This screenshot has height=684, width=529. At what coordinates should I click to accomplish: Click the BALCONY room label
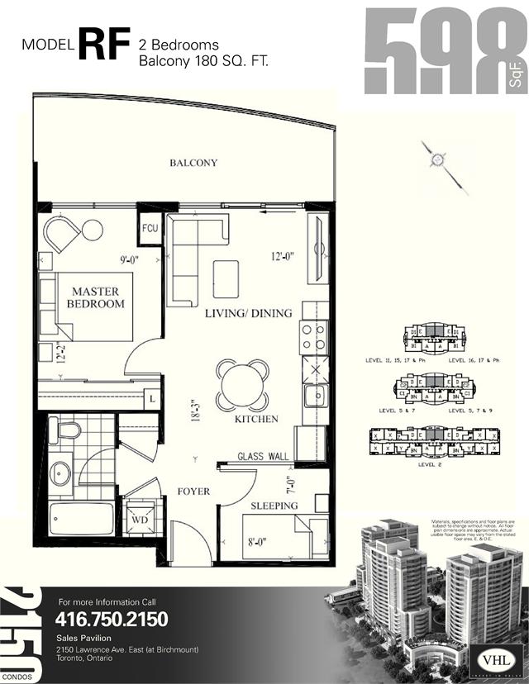click(193, 163)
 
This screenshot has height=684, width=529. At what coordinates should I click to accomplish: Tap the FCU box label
click(150, 227)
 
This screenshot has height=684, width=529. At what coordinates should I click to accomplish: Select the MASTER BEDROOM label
click(96, 298)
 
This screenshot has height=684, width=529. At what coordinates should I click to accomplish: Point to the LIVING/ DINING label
click(249, 313)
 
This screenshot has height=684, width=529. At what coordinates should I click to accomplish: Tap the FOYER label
click(193, 492)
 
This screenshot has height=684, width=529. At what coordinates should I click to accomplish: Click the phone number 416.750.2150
click(112, 619)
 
